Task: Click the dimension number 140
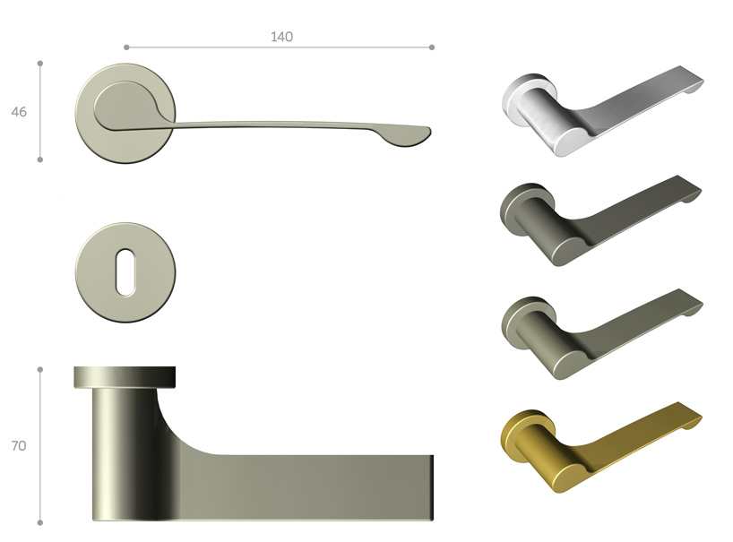coord(282,37)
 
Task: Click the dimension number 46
coord(19,112)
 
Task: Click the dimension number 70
coord(19,446)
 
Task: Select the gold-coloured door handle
coord(600,446)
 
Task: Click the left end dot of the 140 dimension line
coord(126,47)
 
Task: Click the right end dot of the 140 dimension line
coord(432,47)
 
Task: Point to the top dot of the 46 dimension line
coord(40,63)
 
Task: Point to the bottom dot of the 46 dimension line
coord(40,159)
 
